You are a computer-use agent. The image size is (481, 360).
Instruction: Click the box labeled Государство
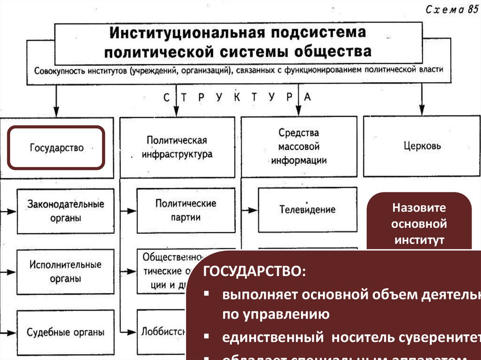coord(56,147)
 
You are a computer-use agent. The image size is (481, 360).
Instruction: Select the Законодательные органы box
coord(65,211)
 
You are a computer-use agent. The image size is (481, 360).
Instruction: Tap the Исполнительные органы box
coord(65,271)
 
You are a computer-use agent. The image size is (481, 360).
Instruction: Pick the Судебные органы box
coord(65,333)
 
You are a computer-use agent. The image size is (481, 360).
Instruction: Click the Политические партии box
coord(186,210)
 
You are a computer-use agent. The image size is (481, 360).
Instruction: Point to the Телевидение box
coord(307,209)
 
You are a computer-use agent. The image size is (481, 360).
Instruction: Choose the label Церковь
coord(422,146)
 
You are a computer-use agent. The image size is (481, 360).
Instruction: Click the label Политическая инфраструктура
coord(177,147)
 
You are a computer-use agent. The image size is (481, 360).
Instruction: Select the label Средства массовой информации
coord(299,146)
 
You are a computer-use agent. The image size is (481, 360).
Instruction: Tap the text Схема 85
coord(452,10)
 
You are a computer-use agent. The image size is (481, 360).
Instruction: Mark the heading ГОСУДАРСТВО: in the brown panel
coord(253,272)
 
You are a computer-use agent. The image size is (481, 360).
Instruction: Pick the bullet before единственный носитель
coord(207,337)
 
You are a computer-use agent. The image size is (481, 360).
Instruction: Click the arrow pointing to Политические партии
coord(129,211)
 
